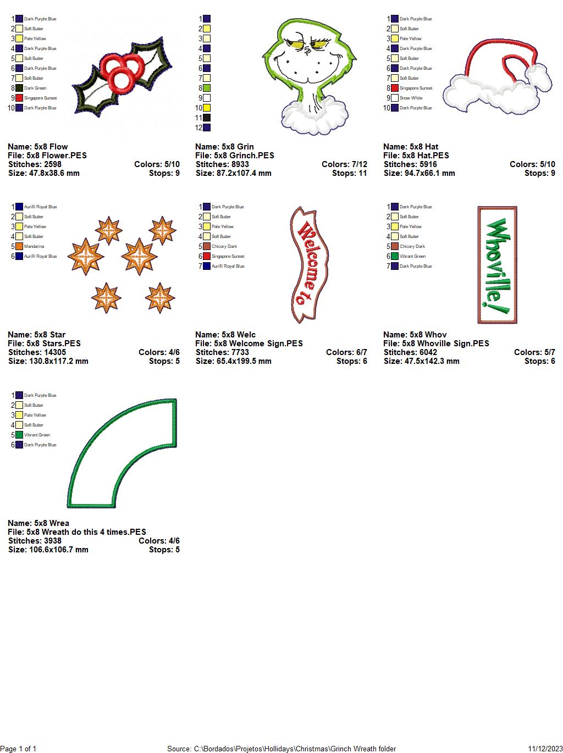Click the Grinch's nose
(308, 51)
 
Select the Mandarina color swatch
(19, 246)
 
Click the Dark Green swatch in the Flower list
(19, 88)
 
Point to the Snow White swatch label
(411, 98)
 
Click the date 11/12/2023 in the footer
(545, 749)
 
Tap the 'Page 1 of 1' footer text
(18, 749)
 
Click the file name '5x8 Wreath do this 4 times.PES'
(86, 531)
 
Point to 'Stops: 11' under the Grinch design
(349, 173)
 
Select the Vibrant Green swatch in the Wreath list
(19, 435)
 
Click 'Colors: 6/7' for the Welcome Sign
(346, 352)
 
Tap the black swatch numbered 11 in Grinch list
(207, 118)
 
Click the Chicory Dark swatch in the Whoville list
(395, 246)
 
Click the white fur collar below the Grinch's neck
(314, 115)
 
